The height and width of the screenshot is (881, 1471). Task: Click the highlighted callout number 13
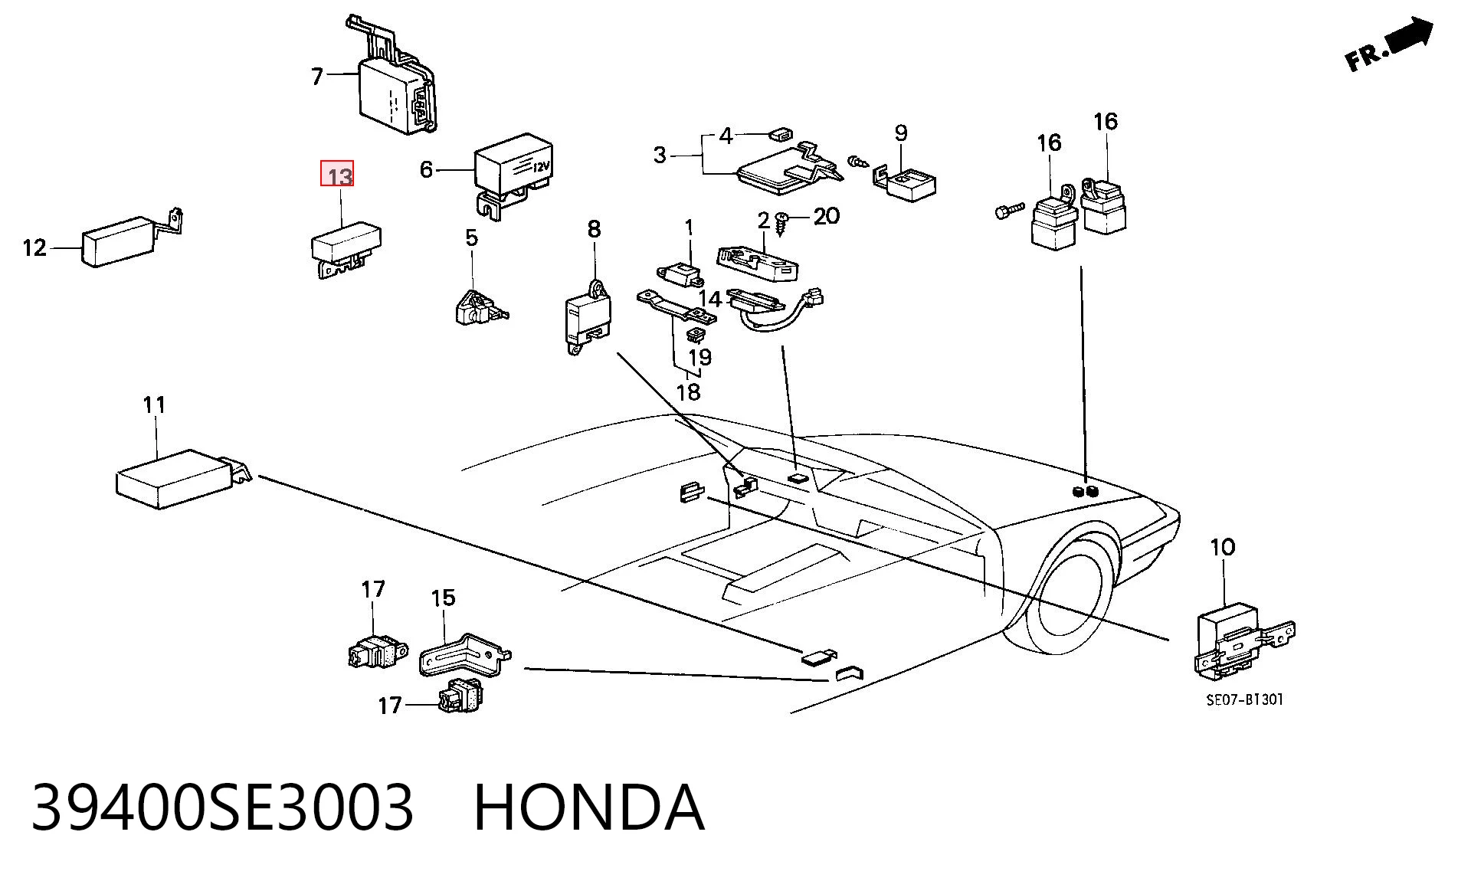pos(337,175)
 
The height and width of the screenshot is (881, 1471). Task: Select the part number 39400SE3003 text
pos(222,807)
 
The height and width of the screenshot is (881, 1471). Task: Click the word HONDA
pos(588,807)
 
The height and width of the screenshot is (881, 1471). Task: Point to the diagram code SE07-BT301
pos(1245,699)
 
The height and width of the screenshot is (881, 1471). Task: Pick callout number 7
pos(317,76)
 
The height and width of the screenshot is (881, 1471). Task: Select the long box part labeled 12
pos(132,237)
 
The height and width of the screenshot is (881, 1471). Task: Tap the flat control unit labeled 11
pos(182,479)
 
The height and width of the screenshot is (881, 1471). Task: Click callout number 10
pos(1223,548)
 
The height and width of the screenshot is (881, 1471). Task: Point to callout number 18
pos(688,392)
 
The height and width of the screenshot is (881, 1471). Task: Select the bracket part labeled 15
pos(464,652)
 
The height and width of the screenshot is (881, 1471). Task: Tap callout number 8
pos(595,228)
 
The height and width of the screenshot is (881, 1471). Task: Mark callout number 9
pos(901,133)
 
